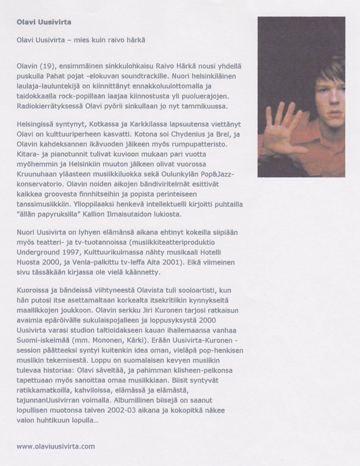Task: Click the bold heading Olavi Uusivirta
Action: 44,22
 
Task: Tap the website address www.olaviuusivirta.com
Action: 56,446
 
